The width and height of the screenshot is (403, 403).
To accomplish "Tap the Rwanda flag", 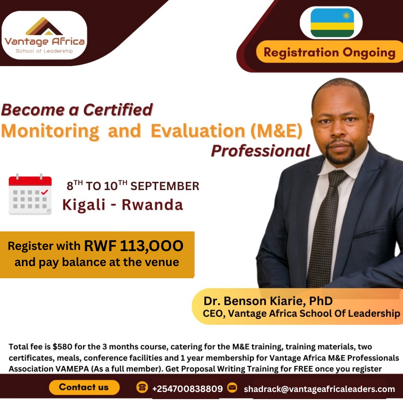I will click(x=332, y=23).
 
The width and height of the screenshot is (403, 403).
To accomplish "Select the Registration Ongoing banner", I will click(x=329, y=53).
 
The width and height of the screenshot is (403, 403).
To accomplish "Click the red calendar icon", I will click(x=30, y=194).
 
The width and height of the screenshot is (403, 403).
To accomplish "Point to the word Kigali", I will click(x=83, y=205).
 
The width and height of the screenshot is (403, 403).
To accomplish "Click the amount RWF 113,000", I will click(x=134, y=246).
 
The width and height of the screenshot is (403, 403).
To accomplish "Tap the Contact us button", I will click(x=84, y=387).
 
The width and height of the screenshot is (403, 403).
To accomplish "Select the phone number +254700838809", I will click(x=187, y=389).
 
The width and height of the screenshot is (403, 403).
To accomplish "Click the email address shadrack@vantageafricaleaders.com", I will click(x=319, y=389).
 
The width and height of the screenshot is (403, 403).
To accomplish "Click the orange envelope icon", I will click(x=233, y=387).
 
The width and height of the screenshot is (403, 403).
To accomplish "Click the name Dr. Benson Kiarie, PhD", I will click(x=268, y=301).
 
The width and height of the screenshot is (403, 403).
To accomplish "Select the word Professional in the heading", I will click(x=261, y=151).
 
